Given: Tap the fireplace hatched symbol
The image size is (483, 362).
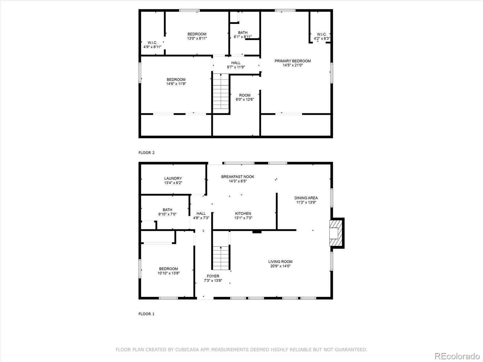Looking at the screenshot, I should click(336, 233).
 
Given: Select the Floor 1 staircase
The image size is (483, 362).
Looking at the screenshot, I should click(221, 258).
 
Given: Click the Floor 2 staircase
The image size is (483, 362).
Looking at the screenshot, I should click(221, 93).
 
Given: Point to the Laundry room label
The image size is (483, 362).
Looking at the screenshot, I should click(173, 179).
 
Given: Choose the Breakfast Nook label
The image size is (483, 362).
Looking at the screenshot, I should click(238, 177).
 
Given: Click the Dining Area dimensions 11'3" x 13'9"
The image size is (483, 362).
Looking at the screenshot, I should click(306, 202).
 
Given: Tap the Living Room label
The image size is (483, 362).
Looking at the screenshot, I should click(280, 262).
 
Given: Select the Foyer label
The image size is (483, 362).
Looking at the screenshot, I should click(213, 276).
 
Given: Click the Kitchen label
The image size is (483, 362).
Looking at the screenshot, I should click(243, 214).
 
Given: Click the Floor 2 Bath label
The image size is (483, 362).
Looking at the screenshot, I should click(243, 33).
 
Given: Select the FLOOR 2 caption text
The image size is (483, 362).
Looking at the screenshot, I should click(146, 153).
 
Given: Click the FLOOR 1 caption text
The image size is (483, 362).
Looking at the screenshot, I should click(146, 314).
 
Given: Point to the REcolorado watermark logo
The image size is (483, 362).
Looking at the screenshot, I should click(458, 355).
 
